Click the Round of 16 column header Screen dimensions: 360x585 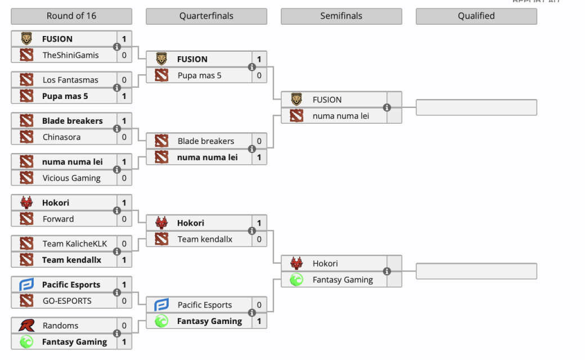[71, 16]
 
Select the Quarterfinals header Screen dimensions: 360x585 [206, 16]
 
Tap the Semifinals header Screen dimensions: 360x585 [341, 16]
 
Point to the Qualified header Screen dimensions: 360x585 [476, 16]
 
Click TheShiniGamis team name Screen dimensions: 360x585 [70, 55]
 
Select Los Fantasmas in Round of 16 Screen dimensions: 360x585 [70, 80]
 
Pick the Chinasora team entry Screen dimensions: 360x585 [61, 137]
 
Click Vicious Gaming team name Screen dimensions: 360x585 [71, 178]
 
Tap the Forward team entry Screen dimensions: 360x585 [58, 219]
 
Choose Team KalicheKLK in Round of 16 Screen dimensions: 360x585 [74, 244]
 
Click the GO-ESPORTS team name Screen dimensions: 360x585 [66, 301]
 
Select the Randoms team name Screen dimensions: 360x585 [60, 326]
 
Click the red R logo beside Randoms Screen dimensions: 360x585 [26, 326]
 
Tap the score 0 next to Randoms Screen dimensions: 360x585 [124, 326]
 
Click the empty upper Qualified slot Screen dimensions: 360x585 [476, 107]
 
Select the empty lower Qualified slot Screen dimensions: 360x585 [476, 271]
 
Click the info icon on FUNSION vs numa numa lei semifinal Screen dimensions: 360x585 [387, 107]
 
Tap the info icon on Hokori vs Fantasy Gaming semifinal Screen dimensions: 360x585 [387, 271]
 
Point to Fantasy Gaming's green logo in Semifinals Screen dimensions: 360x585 [296, 280]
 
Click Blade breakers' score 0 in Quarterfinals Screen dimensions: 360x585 [259, 141]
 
